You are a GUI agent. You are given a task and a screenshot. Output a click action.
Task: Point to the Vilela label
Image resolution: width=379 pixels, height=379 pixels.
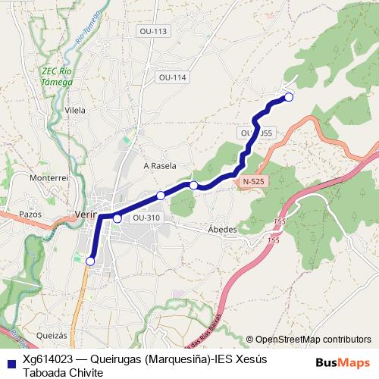click(x=76, y=110)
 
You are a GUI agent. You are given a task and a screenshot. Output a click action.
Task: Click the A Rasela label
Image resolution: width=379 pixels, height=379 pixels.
click(x=159, y=165)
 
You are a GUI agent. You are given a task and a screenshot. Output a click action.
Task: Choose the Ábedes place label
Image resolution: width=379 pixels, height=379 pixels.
click(x=222, y=229)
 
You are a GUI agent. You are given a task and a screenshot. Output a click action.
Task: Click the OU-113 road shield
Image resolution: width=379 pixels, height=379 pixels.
click(x=153, y=31)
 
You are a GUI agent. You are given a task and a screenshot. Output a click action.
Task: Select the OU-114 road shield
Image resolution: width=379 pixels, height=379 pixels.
click(x=173, y=77)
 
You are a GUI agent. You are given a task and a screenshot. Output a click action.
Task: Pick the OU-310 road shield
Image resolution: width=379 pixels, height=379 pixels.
click(x=146, y=218)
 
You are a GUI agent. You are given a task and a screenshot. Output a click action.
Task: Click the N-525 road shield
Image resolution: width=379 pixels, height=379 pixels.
click(x=254, y=182)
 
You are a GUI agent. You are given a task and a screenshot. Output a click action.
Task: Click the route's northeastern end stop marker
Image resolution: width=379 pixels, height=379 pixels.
click(x=288, y=96)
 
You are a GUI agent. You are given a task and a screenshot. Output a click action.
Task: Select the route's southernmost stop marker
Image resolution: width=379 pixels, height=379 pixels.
click(x=90, y=262)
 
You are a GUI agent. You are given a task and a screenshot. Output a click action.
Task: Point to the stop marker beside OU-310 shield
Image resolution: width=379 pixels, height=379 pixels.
click(x=117, y=218)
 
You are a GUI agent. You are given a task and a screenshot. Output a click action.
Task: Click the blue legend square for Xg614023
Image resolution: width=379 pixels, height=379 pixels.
click(x=10, y=362)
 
